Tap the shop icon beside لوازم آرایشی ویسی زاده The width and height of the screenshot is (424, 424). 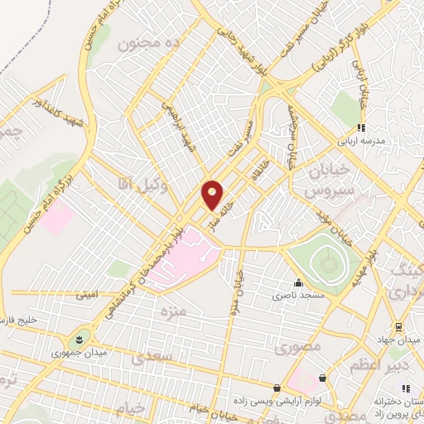pyautogui.click(x=287, y=387)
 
